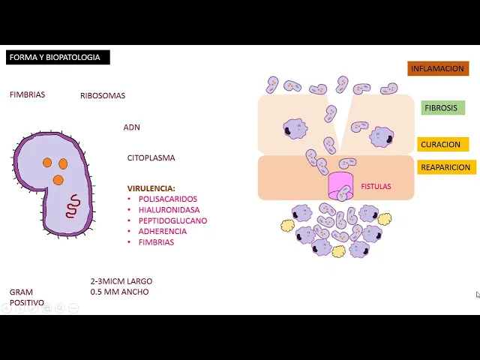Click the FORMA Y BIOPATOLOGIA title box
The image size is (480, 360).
(x=58, y=57)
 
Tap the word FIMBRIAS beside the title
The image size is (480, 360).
(x=27, y=94)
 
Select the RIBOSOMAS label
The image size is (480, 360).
(x=103, y=95)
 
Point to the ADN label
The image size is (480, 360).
(x=131, y=127)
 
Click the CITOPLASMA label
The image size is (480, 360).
(x=151, y=158)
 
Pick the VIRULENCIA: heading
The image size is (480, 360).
(x=151, y=188)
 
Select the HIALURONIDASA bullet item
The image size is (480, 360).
(x=169, y=210)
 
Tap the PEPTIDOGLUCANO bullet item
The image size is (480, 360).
(x=172, y=221)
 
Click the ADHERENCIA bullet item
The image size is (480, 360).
(x=163, y=232)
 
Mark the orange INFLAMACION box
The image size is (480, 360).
(x=438, y=69)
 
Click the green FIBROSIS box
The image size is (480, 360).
(x=441, y=108)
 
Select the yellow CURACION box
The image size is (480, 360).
(x=441, y=145)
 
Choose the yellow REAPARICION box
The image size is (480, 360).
(x=445, y=167)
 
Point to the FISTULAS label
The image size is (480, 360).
(x=376, y=187)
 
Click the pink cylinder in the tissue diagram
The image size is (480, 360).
(x=340, y=184)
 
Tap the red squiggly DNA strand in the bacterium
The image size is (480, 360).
(x=72, y=205)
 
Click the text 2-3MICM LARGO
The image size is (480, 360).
(x=121, y=281)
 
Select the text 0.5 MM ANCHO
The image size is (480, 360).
(x=119, y=292)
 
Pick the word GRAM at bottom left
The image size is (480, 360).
(x=21, y=292)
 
